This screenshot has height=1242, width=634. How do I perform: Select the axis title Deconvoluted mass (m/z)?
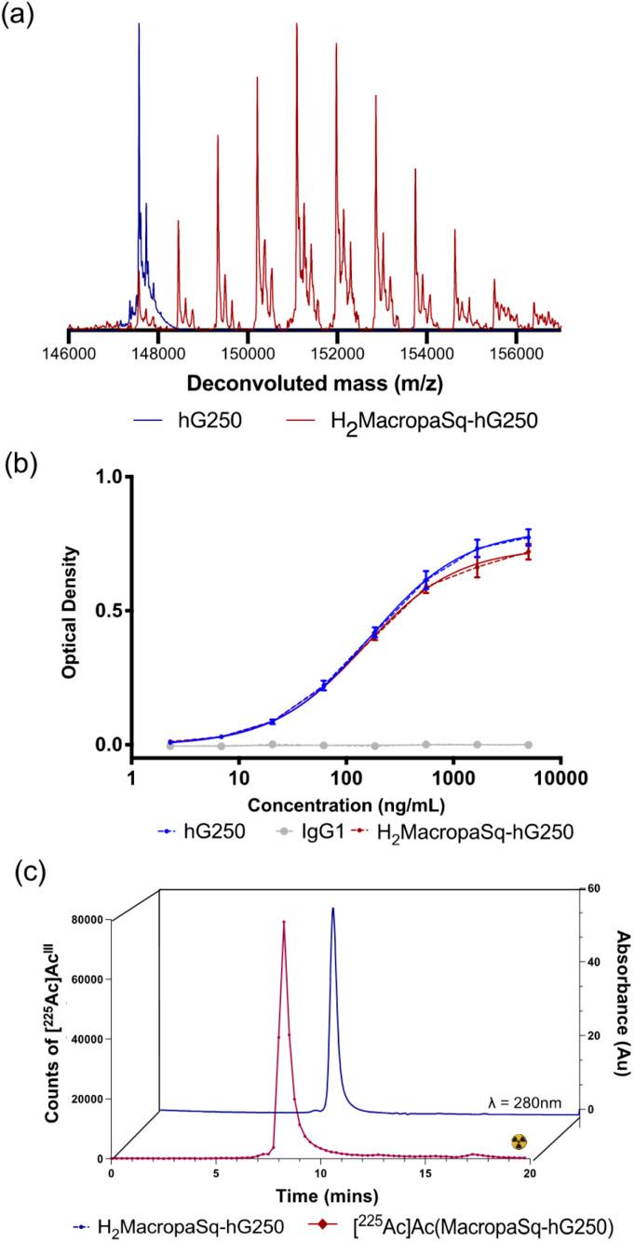(315, 382)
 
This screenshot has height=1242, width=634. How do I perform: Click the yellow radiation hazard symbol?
(519, 1141)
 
